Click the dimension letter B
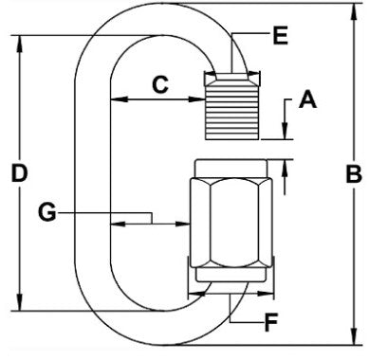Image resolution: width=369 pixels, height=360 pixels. point(352,174)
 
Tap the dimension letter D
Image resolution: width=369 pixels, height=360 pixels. point(17,174)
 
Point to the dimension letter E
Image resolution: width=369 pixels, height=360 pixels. point(279,38)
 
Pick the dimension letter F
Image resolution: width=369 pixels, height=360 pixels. point(272,323)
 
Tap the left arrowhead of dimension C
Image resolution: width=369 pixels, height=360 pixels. point(117,99)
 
